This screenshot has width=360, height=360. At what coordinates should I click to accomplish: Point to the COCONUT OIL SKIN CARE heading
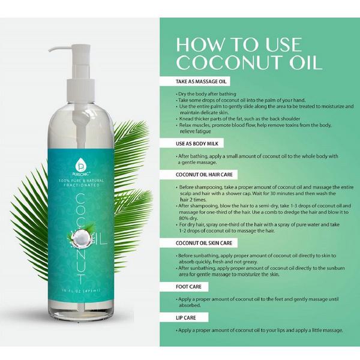click(206, 243)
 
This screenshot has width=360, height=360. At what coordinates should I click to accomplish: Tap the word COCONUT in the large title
click(229, 64)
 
